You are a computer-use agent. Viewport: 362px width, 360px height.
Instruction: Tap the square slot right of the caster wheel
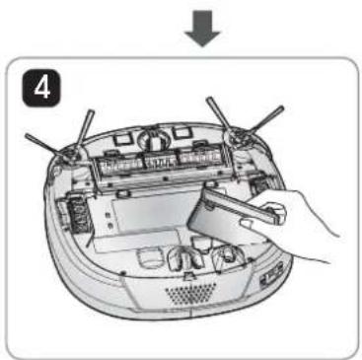tap(184, 129)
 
